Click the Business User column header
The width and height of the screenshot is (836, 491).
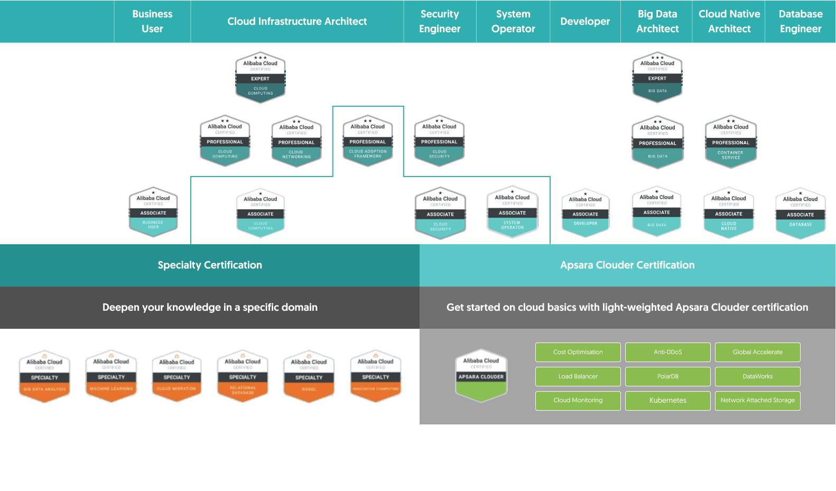[x=152, y=22]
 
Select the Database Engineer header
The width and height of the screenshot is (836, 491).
[x=800, y=22]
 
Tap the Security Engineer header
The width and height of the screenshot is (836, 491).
[x=440, y=22]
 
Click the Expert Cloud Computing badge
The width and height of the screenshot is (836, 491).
[x=261, y=77]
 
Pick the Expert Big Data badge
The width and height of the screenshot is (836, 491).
[x=657, y=77]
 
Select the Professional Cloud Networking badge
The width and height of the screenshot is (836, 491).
[x=296, y=141]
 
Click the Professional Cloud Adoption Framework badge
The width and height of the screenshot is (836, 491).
[x=368, y=141]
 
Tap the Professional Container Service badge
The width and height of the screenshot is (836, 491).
[x=731, y=142]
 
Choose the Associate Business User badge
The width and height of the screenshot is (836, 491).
[x=153, y=212]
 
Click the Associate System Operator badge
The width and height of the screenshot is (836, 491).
[x=512, y=212]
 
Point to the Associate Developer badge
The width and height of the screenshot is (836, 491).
[x=585, y=213]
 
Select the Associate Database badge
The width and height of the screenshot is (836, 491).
[x=800, y=214]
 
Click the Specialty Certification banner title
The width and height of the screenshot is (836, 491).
[x=210, y=265]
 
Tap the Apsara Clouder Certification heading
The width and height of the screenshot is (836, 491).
[x=627, y=265]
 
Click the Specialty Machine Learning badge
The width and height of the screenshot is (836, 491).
[x=111, y=376]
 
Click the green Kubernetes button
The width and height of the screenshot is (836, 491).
[x=667, y=401]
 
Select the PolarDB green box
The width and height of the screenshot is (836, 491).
[x=667, y=376]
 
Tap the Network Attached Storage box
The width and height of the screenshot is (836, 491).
[x=757, y=401]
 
